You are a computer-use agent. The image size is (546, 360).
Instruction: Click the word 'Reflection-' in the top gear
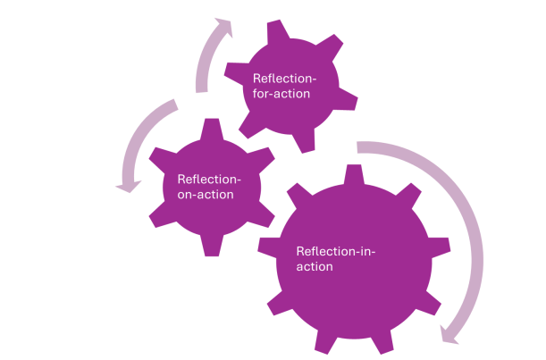coord(284,78)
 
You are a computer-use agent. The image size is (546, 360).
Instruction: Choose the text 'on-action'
coord(206,194)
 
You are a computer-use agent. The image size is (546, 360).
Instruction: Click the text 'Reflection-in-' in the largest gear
coord(335,251)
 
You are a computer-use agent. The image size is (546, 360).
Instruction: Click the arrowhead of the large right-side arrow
coord(453,334)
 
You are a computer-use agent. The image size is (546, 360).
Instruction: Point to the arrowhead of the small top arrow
coord(223,27)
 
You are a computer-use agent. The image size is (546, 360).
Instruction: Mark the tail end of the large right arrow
coord(360,147)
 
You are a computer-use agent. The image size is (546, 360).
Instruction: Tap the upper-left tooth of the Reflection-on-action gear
coord(162,151)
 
